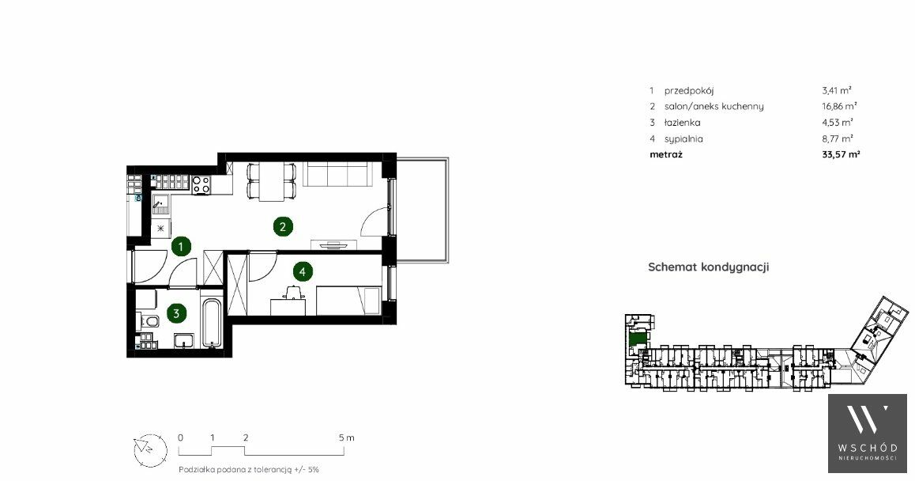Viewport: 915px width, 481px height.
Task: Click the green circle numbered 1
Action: (x=181, y=247)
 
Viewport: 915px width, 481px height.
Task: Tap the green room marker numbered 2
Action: (x=283, y=227)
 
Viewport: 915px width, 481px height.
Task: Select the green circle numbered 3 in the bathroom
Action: (x=175, y=313)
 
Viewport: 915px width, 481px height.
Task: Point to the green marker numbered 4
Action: (x=302, y=271)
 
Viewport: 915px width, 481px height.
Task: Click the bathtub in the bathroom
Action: (x=211, y=324)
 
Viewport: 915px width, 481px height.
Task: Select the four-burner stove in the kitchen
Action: (x=202, y=184)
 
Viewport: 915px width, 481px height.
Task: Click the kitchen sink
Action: (x=161, y=204)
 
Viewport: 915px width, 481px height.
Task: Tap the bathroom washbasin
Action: (x=184, y=340)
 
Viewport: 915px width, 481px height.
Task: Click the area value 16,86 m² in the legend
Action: (x=839, y=106)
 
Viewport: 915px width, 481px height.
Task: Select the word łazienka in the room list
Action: (x=682, y=122)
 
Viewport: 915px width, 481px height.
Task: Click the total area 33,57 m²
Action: (x=841, y=154)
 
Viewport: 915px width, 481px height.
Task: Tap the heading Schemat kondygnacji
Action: (x=709, y=267)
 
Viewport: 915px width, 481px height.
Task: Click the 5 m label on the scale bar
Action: (x=346, y=437)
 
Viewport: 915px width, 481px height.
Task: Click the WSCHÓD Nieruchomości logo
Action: (x=868, y=434)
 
